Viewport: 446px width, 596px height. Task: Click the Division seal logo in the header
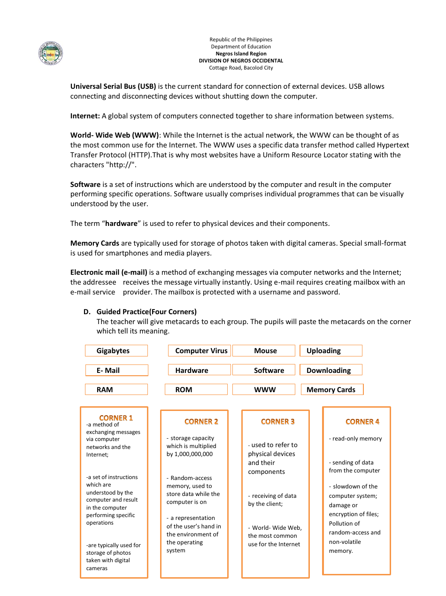(50, 54)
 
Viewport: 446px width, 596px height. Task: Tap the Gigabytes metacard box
(116, 351)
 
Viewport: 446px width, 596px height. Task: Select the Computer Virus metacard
(200, 351)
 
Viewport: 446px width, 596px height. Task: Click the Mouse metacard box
(264, 351)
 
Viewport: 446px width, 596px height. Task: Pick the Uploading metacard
(331, 351)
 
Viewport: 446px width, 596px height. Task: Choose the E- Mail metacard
(116, 371)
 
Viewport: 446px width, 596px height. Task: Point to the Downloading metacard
(331, 371)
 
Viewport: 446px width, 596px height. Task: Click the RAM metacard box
(116, 390)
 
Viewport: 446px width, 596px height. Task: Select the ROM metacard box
(196, 390)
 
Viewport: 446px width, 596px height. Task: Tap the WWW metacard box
(264, 390)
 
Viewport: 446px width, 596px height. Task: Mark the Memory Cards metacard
(331, 390)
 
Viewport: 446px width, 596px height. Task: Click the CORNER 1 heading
(116, 418)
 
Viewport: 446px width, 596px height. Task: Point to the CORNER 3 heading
(278, 422)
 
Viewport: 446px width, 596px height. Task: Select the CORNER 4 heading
(362, 422)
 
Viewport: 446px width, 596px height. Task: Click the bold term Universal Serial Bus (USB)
(113, 86)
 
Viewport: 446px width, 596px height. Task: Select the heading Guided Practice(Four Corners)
(146, 312)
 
